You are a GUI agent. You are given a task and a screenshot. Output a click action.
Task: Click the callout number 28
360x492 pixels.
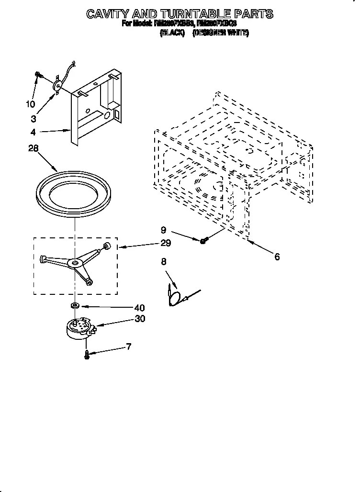coord(33,149)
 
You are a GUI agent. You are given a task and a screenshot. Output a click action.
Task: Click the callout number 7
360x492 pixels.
coord(128,347)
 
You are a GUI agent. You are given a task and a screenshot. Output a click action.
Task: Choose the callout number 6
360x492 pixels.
coord(277,257)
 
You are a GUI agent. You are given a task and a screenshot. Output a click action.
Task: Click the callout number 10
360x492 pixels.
coord(30,104)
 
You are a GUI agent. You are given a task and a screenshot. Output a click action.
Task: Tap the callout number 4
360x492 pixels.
coord(33,133)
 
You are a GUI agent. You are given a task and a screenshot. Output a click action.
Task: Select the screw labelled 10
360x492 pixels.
coord(38,75)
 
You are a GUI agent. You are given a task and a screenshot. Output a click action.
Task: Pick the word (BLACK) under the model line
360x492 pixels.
coord(172,33)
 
